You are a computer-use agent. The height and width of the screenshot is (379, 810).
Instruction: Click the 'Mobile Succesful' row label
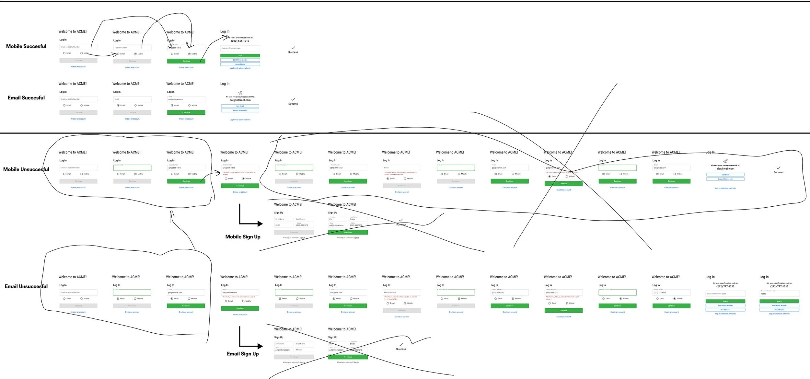(26, 46)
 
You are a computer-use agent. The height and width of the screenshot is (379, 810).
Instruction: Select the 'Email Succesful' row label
(26, 98)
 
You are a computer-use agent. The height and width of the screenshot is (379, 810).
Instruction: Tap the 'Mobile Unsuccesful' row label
(26, 169)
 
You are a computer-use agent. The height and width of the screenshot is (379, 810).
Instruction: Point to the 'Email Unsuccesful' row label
(26, 286)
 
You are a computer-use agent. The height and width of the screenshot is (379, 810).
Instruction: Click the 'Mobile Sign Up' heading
(243, 237)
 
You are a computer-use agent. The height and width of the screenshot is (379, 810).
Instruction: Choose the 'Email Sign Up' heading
(243, 354)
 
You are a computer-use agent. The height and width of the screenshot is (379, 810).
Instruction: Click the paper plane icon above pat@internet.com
(240, 93)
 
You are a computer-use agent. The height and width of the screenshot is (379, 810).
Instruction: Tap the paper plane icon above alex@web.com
(725, 161)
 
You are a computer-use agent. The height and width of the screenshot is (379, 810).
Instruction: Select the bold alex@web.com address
(725, 169)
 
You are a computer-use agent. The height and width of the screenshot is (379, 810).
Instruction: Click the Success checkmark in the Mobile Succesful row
(293, 48)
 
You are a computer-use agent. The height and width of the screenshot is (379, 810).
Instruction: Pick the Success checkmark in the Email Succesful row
(293, 99)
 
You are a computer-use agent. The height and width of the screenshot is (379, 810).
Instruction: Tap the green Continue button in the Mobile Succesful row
(186, 61)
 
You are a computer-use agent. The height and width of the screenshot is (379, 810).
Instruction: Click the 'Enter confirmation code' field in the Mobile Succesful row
(240, 48)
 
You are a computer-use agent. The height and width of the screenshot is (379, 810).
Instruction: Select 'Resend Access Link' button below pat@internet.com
(240, 110)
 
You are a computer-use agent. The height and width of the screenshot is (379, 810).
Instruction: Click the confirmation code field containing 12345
(779, 294)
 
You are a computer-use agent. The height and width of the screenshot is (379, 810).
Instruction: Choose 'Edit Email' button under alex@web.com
(725, 175)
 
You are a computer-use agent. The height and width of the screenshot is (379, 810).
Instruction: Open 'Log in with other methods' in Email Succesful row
(240, 120)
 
